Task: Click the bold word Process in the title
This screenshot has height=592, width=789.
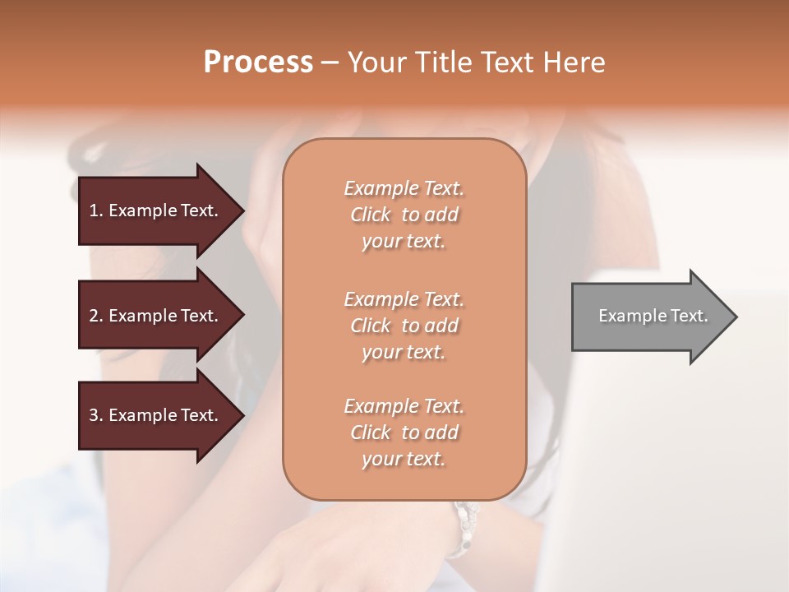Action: coord(258,62)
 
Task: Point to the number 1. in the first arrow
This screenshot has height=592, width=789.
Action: coord(96,210)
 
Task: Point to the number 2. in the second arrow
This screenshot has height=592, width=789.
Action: coord(96,316)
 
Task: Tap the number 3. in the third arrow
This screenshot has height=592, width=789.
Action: coord(96,415)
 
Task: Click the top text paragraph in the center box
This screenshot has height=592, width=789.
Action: coord(404,215)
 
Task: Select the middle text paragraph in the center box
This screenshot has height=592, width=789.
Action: coord(404,326)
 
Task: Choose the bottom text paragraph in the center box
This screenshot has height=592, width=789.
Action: coord(404,432)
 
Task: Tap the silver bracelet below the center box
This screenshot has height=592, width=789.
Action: coord(466,522)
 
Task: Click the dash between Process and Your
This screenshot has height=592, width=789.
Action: coord(330,62)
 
